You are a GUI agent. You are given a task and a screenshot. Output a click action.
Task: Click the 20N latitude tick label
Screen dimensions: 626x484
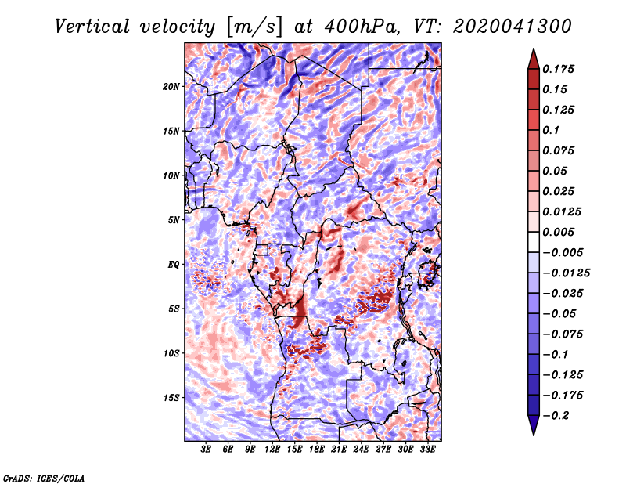pyautogui.click(x=171, y=87)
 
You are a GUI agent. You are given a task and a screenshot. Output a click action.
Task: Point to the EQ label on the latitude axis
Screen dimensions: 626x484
pyautogui.click(x=173, y=265)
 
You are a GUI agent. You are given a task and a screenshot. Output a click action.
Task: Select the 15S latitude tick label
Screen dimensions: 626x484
pyautogui.click(x=171, y=398)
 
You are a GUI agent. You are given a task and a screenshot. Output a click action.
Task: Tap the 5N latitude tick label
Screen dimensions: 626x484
pyautogui.click(x=174, y=220)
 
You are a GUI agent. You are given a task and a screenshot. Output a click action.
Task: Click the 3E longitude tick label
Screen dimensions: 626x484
pyautogui.click(x=206, y=450)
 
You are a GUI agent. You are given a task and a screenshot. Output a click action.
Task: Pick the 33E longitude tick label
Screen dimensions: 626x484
pyautogui.click(x=427, y=450)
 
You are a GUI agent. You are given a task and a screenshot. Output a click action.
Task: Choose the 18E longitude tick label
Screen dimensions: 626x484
pyautogui.click(x=317, y=450)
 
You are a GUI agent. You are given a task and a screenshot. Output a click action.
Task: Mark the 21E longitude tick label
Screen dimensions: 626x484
pyautogui.click(x=339, y=450)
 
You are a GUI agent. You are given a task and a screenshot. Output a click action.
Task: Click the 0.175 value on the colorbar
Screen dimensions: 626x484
pyautogui.click(x=559, y=69)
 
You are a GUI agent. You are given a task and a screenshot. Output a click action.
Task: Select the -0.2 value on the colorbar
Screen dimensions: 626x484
pyautogui.click(x=556, y=416)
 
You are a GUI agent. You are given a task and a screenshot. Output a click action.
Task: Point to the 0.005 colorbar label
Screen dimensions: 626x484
pyautogui.click(x=559, y=232)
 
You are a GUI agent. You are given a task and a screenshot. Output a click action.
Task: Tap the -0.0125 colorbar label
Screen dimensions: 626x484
pyautogui.click(x=566, y=273)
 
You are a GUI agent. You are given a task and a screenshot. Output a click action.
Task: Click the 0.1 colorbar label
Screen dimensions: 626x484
pyautogui.click(x=551, y=130)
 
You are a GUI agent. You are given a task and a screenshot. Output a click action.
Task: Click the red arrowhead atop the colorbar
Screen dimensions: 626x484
pyautogui.click(x=534, y=60)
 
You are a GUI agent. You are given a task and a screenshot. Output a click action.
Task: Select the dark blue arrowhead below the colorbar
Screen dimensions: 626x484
pyautogui.click(x=534, y=425)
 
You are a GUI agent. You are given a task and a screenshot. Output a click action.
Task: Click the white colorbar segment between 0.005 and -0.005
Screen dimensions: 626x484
pyautogui.click(x=534, y=242)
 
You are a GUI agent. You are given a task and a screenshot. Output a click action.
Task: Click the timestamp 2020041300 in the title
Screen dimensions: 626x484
pyautogui.click(x=513, y=27)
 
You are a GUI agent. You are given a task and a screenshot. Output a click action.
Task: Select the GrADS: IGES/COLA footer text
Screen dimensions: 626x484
pyautogui.click(x=44, y=479)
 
